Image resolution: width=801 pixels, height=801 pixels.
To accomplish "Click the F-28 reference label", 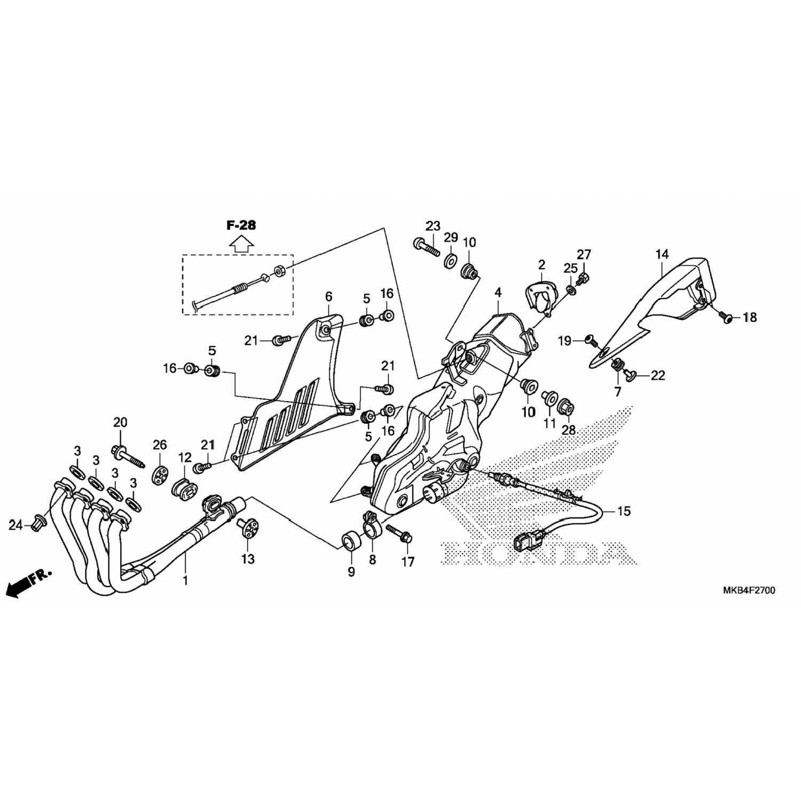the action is (x=241, y=225).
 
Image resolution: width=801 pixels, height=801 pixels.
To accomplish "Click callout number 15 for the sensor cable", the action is (x=624, y=511).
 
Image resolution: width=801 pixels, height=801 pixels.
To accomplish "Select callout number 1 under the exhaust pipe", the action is (x=185, y=580).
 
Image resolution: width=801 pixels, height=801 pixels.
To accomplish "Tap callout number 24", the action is (x=15, y=525).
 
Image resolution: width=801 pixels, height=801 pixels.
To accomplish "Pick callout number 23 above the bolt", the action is (x=433, y=225).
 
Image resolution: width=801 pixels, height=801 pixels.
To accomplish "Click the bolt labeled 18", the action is (x=725, y=317).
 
